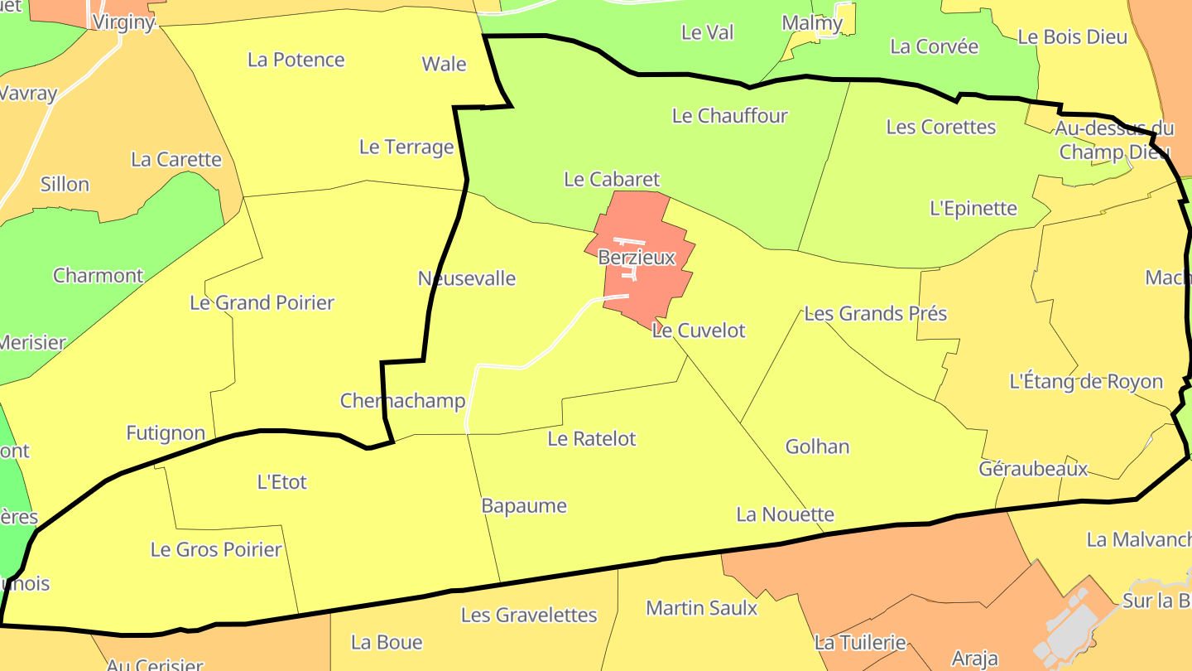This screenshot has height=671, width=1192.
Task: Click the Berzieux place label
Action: (637, 258)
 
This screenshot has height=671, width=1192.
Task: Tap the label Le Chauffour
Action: (729, 116)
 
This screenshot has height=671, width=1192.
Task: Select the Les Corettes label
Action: (940, 127)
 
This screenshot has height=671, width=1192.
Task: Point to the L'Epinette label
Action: (973, 208)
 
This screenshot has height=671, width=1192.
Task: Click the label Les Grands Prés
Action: (875, 314)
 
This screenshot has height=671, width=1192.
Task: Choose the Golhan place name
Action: (817, 447)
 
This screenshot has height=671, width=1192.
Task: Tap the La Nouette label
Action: (785, 514)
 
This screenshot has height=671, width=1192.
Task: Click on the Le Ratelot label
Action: (591, 438)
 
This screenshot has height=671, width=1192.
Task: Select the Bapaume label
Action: (524, 505)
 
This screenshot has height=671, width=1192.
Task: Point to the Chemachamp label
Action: (402, 401)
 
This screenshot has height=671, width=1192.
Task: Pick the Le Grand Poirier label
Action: (262, 302)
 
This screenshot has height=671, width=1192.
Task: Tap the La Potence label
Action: (296, 60)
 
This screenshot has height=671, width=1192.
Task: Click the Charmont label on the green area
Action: (98, 275)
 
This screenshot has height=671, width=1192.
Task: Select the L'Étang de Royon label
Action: (1086, 382)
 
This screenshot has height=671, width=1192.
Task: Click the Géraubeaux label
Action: (1032, 469)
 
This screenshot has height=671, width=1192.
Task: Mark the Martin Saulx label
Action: (701, 608)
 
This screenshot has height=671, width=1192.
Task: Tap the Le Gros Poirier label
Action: (215, 549)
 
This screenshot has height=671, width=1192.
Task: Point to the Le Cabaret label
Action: (612, 179)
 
